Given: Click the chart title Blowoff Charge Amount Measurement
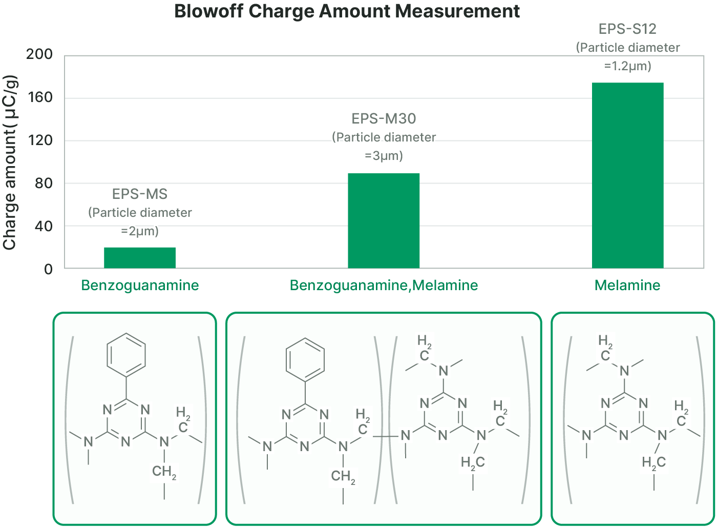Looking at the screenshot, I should pos(347,11).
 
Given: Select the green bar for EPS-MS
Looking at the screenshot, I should pos(140,258).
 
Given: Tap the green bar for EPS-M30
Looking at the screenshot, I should pos(384,220).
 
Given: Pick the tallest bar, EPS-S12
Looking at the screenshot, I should pos(627,175).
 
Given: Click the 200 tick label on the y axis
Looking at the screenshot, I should pos(39,54).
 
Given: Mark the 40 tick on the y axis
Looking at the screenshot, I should pos(44,226).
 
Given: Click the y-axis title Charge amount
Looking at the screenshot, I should pos(10,163).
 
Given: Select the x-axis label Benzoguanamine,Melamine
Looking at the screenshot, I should pos(384,286).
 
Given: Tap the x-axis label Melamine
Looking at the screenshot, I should pos(627,286).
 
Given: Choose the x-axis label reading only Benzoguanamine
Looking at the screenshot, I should pos(140,286).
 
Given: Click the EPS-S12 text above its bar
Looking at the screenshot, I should pos(627,29).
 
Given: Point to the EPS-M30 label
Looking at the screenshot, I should pos(384,119).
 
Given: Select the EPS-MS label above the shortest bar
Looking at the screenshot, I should pos(140,194).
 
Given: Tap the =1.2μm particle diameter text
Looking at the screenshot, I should pos(627,66).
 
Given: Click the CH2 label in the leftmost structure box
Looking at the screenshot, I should pos(164,472).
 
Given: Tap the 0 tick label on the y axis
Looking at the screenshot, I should pos(48,269).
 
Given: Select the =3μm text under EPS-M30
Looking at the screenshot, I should pos(384,156).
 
